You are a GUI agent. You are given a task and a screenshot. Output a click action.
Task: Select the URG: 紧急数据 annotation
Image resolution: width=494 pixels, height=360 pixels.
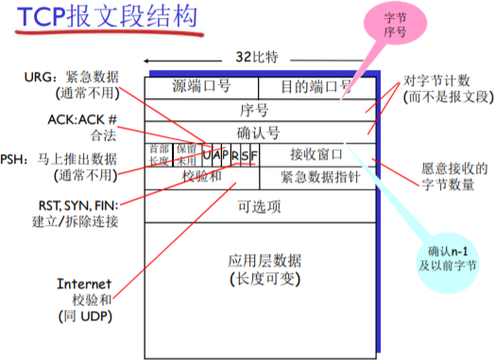(77, 74)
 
